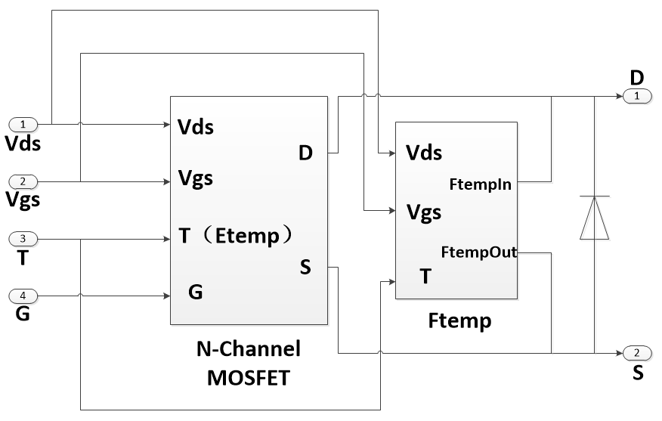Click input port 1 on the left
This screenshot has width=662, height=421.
(24, 124)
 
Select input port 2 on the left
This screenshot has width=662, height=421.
(24, 181)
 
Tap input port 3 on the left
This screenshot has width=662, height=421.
(24, 240)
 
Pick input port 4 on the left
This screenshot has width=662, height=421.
(24, 296)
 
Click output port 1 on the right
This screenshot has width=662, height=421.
(637, 96)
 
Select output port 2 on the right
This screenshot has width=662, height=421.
(637, 353)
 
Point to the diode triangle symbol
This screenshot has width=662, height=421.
(595, 218)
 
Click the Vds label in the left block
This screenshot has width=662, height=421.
(196, 127)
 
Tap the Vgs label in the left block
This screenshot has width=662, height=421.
(196, 179)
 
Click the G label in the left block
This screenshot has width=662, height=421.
(195, 292)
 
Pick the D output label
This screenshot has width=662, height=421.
(305, 153)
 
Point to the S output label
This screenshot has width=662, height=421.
(305, 267)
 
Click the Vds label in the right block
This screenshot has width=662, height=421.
(424, 153)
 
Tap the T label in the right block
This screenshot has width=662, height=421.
(426, 277)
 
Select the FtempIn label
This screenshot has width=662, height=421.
(480, 183)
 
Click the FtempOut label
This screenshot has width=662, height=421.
(478, 252)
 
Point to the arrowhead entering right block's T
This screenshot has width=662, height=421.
(391, 281)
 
